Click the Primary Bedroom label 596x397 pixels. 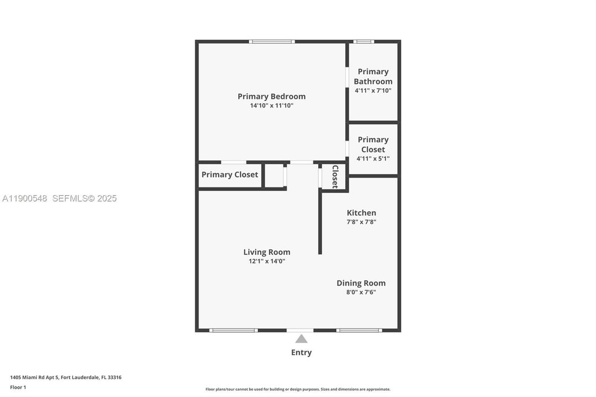point(271,96)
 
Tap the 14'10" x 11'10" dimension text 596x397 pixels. point(271,105)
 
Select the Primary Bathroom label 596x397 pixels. point(373,77)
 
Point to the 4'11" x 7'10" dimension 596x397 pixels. point(373,90)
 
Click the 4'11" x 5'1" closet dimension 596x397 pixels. point(373,159)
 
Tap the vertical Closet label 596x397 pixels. point(335,176)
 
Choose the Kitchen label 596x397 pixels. point(361,213)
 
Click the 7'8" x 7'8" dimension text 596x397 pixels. point(361,222)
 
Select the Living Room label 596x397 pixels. point(267,252)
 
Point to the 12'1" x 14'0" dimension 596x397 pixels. point(267,261)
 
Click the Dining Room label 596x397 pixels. point(361,283)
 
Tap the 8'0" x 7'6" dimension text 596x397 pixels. point(361,292)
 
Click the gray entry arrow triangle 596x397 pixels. point(301,339)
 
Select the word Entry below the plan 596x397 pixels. point(301,352)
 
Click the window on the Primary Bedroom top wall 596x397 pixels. point(272,41)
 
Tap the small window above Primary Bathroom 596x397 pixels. point(363,41)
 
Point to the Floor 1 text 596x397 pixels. point(18,387)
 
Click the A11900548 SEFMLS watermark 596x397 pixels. point(59,198)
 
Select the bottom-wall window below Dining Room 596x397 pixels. point(359,330)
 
